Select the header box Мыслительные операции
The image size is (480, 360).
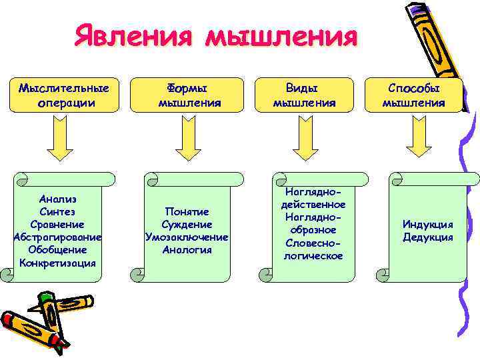[x=64, y=95]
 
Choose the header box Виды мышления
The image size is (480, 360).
[x=304, y=95]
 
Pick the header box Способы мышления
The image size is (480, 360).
[x=413, y=95]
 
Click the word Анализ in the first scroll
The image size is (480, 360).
[x=58, y=199]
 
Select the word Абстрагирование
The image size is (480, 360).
[x=57, y=237]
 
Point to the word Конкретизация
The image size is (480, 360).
[x=58, y=262]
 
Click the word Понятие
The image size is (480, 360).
[x=187, y=211]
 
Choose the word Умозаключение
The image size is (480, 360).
[x=187, y=237]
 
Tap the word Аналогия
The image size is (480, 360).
[x=187, y=249]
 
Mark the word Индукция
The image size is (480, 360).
[x=427, y=224]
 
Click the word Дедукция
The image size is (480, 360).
[x=427, y=237]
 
